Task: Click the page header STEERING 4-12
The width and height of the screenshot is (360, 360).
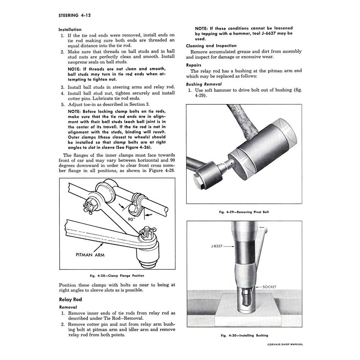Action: click(x=75, y=15)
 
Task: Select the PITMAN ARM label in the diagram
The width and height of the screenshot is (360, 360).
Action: click(x=90, y=255)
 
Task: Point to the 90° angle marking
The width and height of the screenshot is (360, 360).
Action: click(x=131, y=220)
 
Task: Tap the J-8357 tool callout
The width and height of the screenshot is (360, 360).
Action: click(x=217, y=246)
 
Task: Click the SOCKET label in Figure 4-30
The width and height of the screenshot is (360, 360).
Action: click(x=269, y=287)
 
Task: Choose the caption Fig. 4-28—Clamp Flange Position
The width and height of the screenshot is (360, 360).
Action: click(x=117, y=275)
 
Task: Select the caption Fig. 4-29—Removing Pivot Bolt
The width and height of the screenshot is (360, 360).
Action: click(x=244, y=212)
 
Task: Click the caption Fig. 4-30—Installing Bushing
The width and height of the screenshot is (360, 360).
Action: click(x=244, y=335)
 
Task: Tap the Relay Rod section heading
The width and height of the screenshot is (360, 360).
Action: click(x=70, y=300)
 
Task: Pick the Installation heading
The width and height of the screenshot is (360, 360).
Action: click(x=70, y=30)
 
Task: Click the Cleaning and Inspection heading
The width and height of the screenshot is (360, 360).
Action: click(x=211, y=46)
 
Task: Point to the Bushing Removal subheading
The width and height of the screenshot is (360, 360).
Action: click(x=204, y=84)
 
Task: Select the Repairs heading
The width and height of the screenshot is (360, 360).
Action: click(x=194, y=65)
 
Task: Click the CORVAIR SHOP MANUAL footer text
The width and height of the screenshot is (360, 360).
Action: click(x=285, y=344)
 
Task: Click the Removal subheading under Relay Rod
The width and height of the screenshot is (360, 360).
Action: click(x=68, y=307)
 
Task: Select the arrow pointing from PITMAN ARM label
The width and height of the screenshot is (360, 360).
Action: click(x=98, y=247)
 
